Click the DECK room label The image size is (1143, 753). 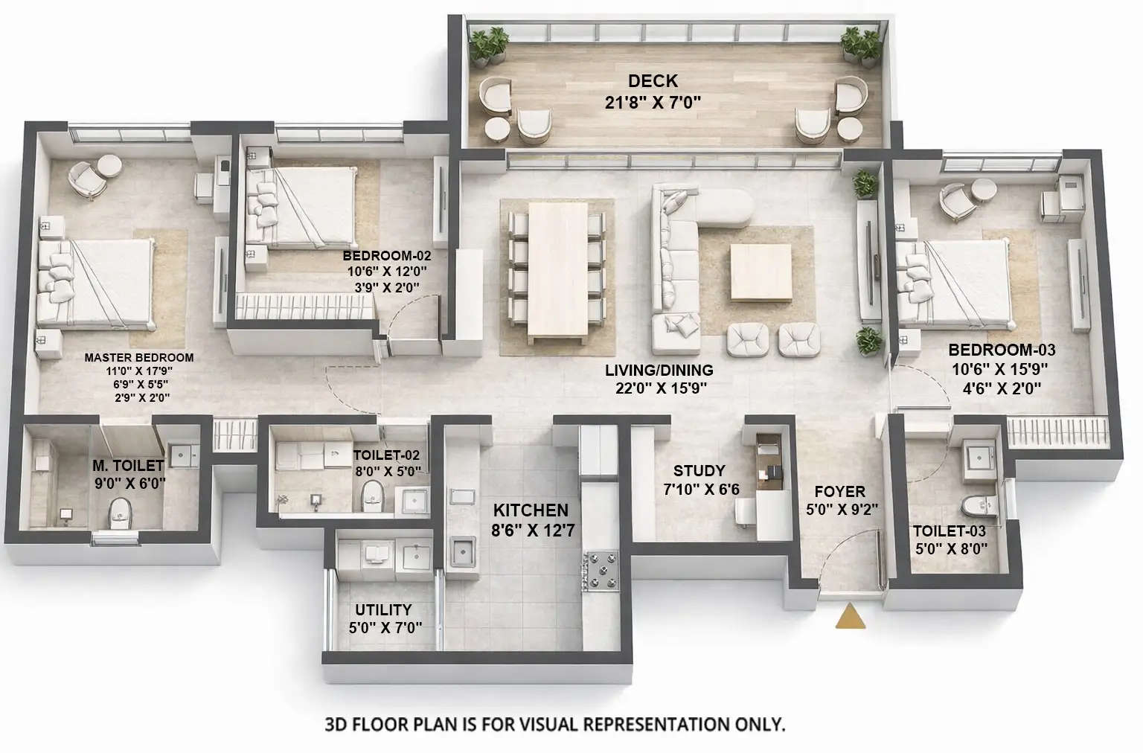pos(653,81)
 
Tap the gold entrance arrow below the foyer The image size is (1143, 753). pos(851,618)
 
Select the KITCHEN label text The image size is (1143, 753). pos(531,510)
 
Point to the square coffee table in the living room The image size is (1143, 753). pos(761,272)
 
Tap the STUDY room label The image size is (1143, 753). pos(699,471)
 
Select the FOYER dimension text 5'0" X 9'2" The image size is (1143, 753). pos(842,510)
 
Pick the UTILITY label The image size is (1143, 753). pos(382,610)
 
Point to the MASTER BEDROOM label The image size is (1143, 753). pos(138,357)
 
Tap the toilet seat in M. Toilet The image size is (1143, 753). pos(119,510)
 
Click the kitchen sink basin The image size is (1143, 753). pos(463,553)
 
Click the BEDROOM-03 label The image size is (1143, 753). pos(1001,350)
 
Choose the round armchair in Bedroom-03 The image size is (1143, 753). pos(955,199)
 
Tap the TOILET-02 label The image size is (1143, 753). pos(386,455)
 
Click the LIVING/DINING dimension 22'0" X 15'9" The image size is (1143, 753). pos(659,388)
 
